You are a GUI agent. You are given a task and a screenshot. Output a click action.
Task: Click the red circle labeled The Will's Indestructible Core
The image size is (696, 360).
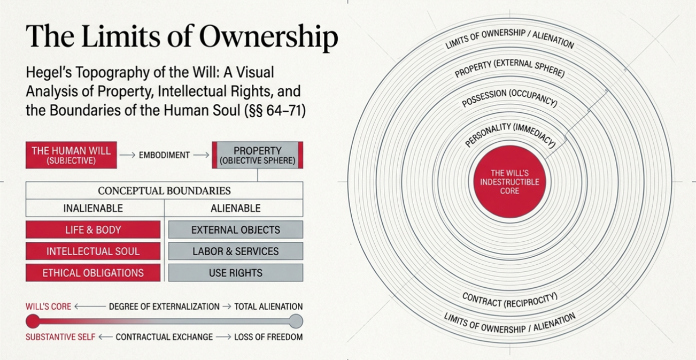[509, 182]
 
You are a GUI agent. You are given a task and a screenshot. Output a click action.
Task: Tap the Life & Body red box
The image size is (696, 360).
[93, 229]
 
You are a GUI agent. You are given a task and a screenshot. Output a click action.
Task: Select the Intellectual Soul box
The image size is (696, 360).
[93, 251]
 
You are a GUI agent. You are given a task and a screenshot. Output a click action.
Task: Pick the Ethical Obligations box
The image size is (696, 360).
[93, 272]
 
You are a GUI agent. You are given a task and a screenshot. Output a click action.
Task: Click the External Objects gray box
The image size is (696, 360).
[236, 229]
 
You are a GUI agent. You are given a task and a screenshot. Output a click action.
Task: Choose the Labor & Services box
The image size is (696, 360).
[236, 251]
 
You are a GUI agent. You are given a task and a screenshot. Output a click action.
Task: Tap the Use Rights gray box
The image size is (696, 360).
[236, 272]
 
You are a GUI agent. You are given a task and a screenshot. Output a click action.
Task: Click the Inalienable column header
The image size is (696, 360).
[93, 208]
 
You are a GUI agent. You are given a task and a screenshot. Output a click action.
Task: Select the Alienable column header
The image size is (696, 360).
[236, 208]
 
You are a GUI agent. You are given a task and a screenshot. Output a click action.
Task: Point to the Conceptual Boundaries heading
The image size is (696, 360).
[164, 190]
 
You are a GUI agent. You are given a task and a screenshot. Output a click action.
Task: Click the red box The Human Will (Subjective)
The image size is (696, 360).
[71, 155]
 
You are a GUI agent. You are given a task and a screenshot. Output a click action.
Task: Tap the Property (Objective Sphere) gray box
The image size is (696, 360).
[258, 155]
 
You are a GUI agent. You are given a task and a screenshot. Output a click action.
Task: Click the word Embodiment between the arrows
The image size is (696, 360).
[164, 155]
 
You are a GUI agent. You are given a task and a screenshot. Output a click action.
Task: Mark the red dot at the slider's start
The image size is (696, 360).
[33, 321]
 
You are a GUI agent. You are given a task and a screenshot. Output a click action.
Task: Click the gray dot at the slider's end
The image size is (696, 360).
[296, 321]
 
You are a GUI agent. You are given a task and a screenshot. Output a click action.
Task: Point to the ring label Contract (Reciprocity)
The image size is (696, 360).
[509, 300]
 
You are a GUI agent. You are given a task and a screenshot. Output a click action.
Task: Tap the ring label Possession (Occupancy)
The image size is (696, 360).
[509, 98]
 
